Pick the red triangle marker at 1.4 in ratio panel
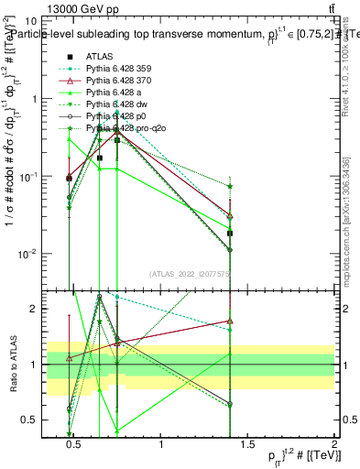pos(231,322)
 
